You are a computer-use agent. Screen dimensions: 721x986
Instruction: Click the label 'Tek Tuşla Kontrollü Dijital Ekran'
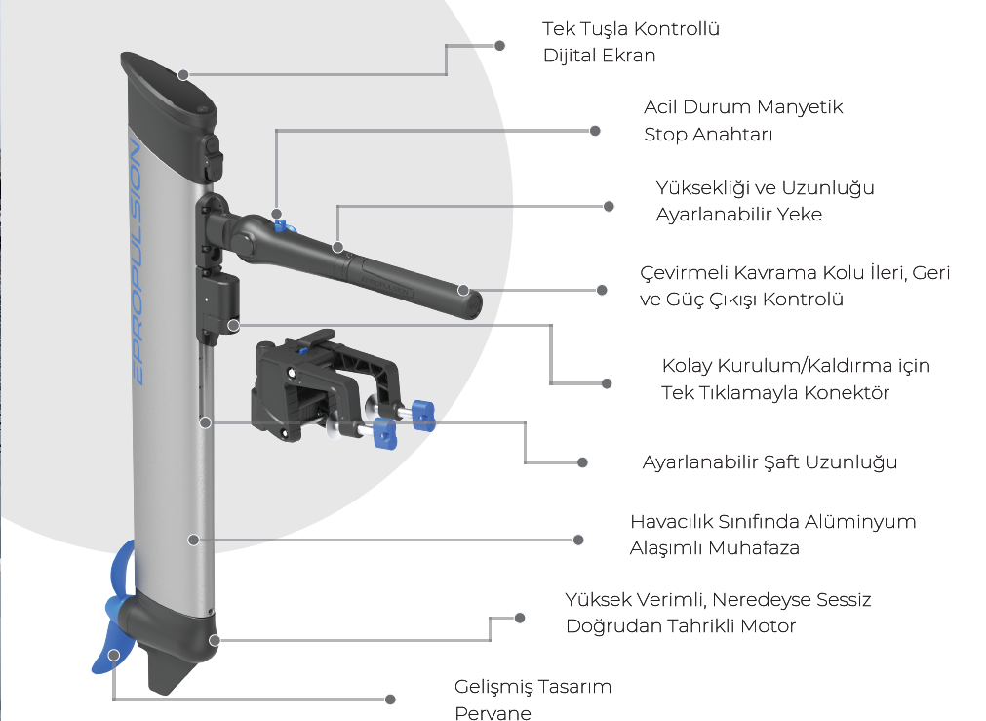click(x=631, y=42)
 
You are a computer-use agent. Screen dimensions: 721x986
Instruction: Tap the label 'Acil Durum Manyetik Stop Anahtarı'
click(x=743, y=120)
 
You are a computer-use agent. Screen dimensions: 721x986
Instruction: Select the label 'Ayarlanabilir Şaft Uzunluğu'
click(x=769, y=461)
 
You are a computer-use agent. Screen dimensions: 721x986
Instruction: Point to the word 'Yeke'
click(x=799, y=214)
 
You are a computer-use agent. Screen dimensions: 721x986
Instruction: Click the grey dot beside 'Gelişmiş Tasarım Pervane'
click(x=391, y=700)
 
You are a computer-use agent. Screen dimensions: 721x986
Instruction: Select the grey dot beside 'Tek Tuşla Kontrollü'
click(x=500, y=45)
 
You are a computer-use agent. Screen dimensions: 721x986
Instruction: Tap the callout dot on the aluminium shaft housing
click(x=193, y=539)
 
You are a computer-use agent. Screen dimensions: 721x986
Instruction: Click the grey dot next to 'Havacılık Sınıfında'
click(x=578, y=539)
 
